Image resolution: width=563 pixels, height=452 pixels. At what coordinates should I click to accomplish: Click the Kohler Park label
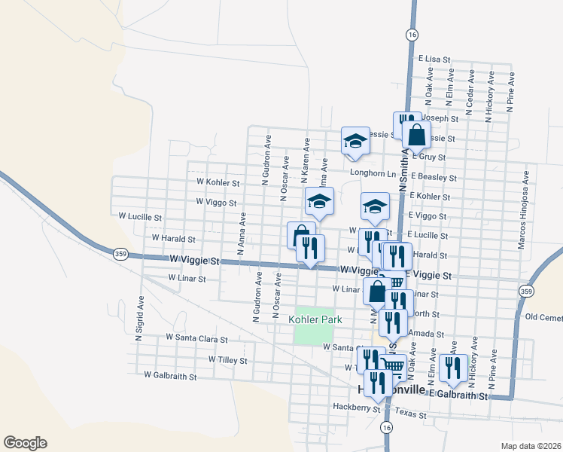[x=315, y=319]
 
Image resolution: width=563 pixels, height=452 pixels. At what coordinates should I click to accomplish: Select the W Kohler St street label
[x=218, y=182]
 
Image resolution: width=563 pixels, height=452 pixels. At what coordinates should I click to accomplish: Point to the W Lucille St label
[x=140, y=216]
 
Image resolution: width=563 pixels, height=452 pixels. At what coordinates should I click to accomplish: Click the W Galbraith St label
[x=170, y=374]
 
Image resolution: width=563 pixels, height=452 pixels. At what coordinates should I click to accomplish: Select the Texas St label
[x=412, y=415]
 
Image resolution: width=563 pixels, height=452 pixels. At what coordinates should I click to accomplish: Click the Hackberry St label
[x=356, y=408]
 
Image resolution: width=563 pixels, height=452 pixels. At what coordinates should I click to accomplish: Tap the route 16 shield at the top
[x=411, y=35]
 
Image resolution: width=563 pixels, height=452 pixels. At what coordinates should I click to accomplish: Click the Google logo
[x=25, y=443]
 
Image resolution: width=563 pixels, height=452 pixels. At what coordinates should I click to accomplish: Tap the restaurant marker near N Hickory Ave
[x=452, y=367]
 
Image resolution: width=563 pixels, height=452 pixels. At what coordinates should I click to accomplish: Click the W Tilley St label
[x=227, y=360]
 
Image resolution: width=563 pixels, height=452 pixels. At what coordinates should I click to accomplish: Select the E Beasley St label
[x=434, y=178]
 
